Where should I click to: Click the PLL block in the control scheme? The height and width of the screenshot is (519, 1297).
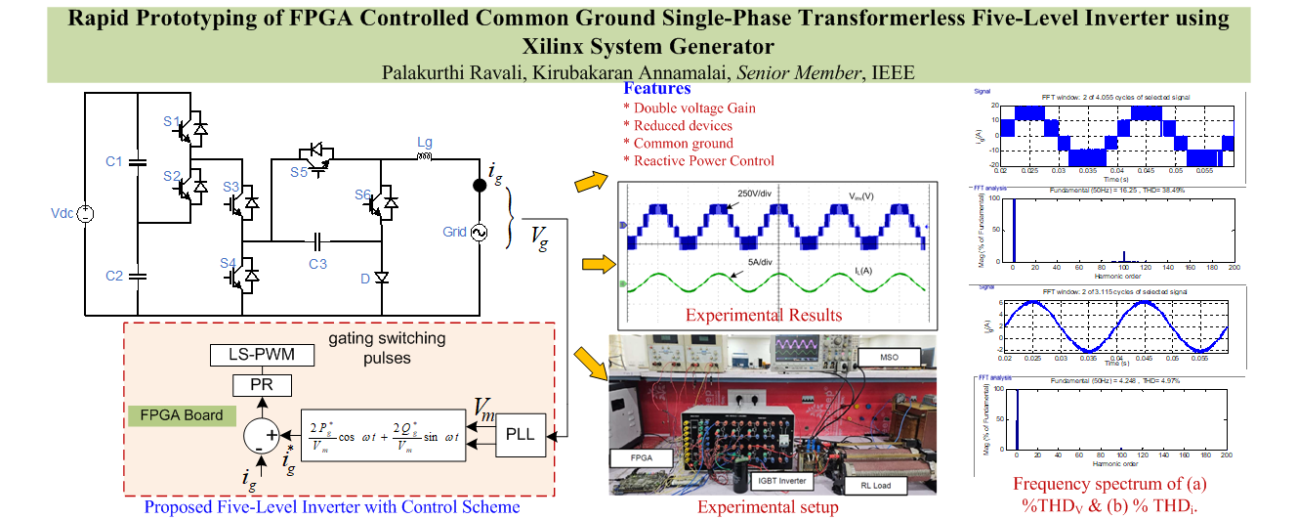tap(521, 435)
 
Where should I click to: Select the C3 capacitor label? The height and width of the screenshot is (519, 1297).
tap(317, 263)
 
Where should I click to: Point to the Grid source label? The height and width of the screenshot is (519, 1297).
tap(455, 234)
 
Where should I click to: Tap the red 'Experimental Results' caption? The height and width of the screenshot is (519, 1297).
tap(763, 315)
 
